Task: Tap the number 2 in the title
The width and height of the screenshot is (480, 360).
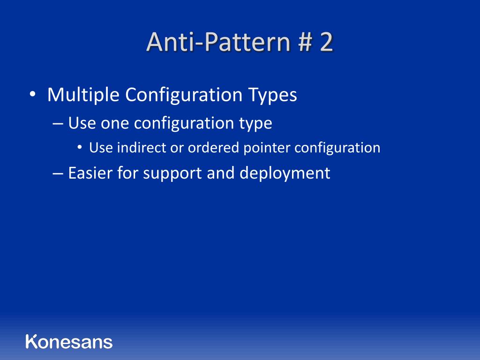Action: coord(326,42)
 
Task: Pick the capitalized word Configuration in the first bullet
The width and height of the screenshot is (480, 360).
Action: coord(183,95)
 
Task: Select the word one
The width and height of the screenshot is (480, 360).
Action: coord(115,124)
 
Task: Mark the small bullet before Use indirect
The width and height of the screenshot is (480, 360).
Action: coord(80,148)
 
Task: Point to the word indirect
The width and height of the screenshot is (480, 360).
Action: coord(137,148)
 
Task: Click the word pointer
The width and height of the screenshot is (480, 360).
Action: coord(267,148)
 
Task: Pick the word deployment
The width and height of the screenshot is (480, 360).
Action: coord(285,173)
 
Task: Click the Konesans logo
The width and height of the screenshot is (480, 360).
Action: coord(69,341)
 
